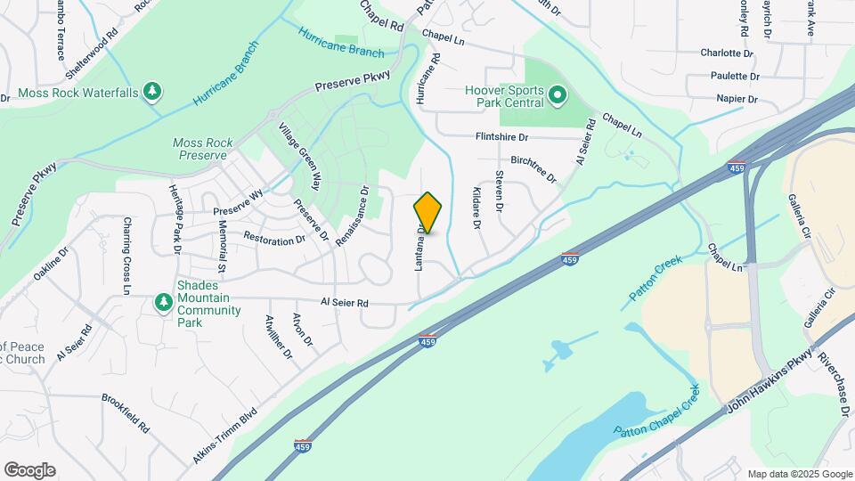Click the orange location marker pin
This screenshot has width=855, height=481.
pyautogui.click(x=427, y=213)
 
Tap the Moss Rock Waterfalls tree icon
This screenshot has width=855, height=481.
pyautogui.click(x=153, y=92)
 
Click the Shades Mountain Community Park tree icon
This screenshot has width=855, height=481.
pyautogui.click(x=163, y=304)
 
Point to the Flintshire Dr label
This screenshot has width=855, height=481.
pyautogui.click(x=501, y=137)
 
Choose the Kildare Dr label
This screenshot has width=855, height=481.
pyautogui.click(x=477, y=208)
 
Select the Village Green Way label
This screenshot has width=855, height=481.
pyautogui.click(x=298, y=157)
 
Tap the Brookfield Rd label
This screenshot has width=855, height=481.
pyautogui.click(x=126, y=413)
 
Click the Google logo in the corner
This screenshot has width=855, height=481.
pyautogui.click(x=29, y=469)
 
